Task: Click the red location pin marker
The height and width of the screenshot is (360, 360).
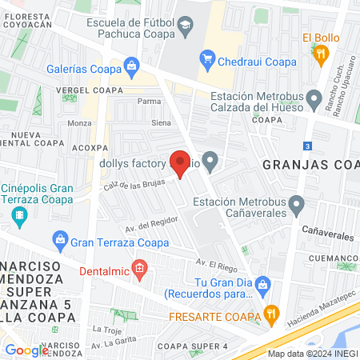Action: (180, 163)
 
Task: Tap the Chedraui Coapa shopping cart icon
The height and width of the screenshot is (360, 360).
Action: (207, 57)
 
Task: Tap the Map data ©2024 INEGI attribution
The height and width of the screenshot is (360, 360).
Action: (310, 354)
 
